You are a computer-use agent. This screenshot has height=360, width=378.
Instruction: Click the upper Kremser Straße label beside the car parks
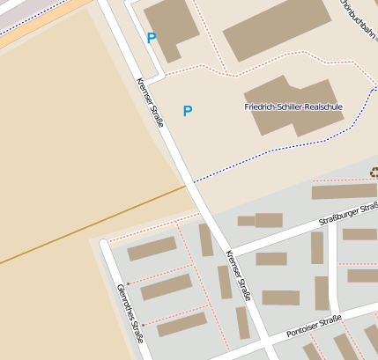click(151, 103)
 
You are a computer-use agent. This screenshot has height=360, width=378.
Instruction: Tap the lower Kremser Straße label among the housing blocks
click(239, 274)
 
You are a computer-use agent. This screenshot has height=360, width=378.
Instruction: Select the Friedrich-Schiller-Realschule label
click(293, 107)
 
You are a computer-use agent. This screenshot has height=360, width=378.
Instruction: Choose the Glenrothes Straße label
click(130, 312)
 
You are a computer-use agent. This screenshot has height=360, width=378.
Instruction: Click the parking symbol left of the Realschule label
click(187, 111)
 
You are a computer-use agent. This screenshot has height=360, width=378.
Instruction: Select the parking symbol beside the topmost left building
click(152, 39)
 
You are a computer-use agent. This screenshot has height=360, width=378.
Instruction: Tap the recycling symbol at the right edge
click(374, 173)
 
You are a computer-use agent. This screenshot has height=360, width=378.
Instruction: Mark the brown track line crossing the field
click(88, 224)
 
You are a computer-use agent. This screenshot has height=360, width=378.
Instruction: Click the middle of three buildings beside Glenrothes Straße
click(166, 287)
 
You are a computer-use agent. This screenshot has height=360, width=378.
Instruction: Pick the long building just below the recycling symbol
click(344, 191)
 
